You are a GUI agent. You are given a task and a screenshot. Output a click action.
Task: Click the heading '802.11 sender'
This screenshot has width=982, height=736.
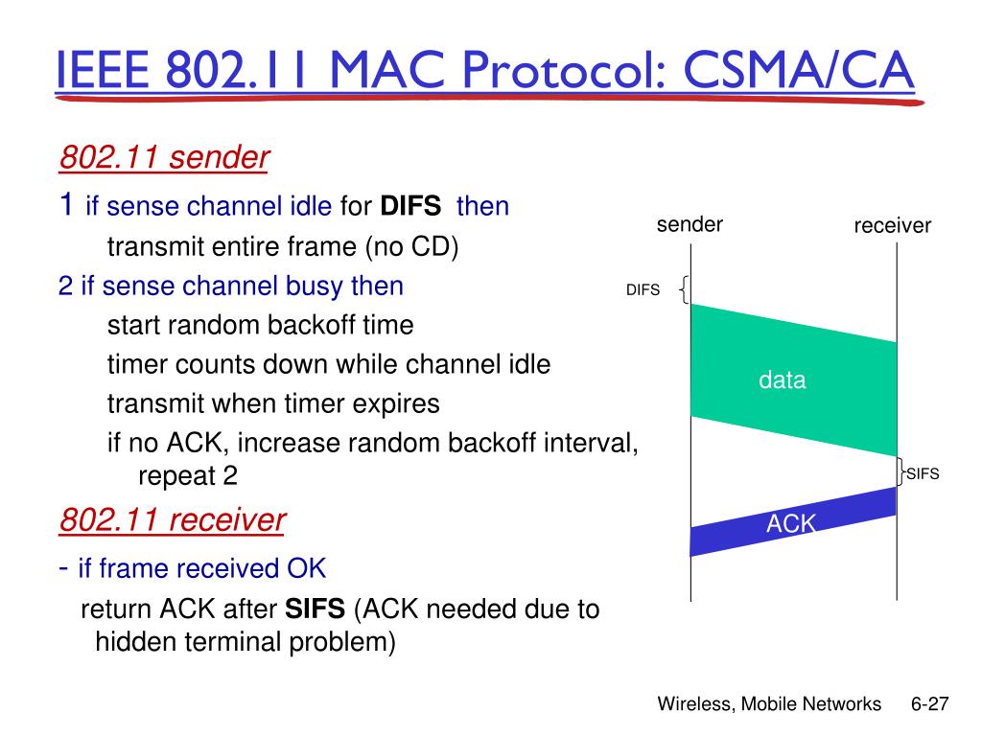(164, 157)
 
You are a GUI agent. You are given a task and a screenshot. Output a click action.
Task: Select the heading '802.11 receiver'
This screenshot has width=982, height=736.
(173, 520)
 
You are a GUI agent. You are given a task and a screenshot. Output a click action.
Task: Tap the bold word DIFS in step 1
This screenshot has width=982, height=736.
(411, 207)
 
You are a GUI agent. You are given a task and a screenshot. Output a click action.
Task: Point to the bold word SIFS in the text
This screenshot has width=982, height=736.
(316, 609)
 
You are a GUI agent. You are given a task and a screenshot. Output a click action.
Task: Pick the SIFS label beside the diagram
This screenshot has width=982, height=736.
(923, 474)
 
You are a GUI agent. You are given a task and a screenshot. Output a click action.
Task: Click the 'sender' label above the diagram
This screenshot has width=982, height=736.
(690, 225)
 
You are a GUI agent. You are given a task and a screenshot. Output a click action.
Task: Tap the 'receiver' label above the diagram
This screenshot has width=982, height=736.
(893, 227)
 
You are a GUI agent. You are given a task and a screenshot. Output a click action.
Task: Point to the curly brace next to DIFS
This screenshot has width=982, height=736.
(683, 289)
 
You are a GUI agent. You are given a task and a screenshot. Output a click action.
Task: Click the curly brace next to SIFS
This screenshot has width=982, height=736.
(902, 473)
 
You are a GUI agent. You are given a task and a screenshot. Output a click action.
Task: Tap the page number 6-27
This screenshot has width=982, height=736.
(929, 704)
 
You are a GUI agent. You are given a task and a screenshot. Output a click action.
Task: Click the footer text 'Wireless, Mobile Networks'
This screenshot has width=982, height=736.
(769, 704)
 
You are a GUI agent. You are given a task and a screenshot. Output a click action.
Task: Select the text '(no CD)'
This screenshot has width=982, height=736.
(411, 248)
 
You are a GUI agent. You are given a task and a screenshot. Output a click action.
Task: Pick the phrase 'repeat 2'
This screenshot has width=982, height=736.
(188, 475)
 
